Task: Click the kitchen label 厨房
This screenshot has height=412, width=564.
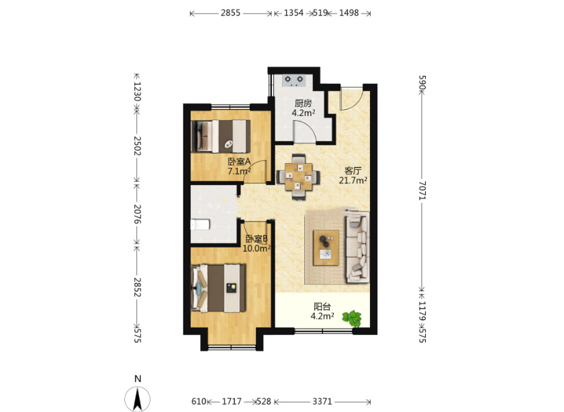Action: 303,103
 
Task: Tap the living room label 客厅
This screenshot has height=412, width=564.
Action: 352,170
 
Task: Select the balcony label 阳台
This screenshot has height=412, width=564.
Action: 322,307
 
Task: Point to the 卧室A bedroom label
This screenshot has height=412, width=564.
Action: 239,162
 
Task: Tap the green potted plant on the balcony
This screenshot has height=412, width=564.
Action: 352,319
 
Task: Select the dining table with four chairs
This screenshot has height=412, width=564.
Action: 298,176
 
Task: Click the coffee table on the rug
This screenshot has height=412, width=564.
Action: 326,248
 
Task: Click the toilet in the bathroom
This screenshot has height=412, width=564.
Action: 200,225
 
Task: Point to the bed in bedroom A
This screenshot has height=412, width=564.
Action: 220,136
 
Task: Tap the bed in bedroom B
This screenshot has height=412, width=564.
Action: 218,288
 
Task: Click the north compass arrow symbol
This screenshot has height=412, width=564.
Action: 138,399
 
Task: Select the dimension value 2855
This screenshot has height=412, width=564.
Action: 230,13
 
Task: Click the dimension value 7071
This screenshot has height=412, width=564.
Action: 422,190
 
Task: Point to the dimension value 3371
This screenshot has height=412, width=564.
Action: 322,401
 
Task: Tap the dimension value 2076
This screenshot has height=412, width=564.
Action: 137,214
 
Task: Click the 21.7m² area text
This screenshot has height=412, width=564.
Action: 353,181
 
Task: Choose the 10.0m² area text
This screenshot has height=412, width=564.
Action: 256,248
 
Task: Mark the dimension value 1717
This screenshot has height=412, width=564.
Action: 232,401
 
